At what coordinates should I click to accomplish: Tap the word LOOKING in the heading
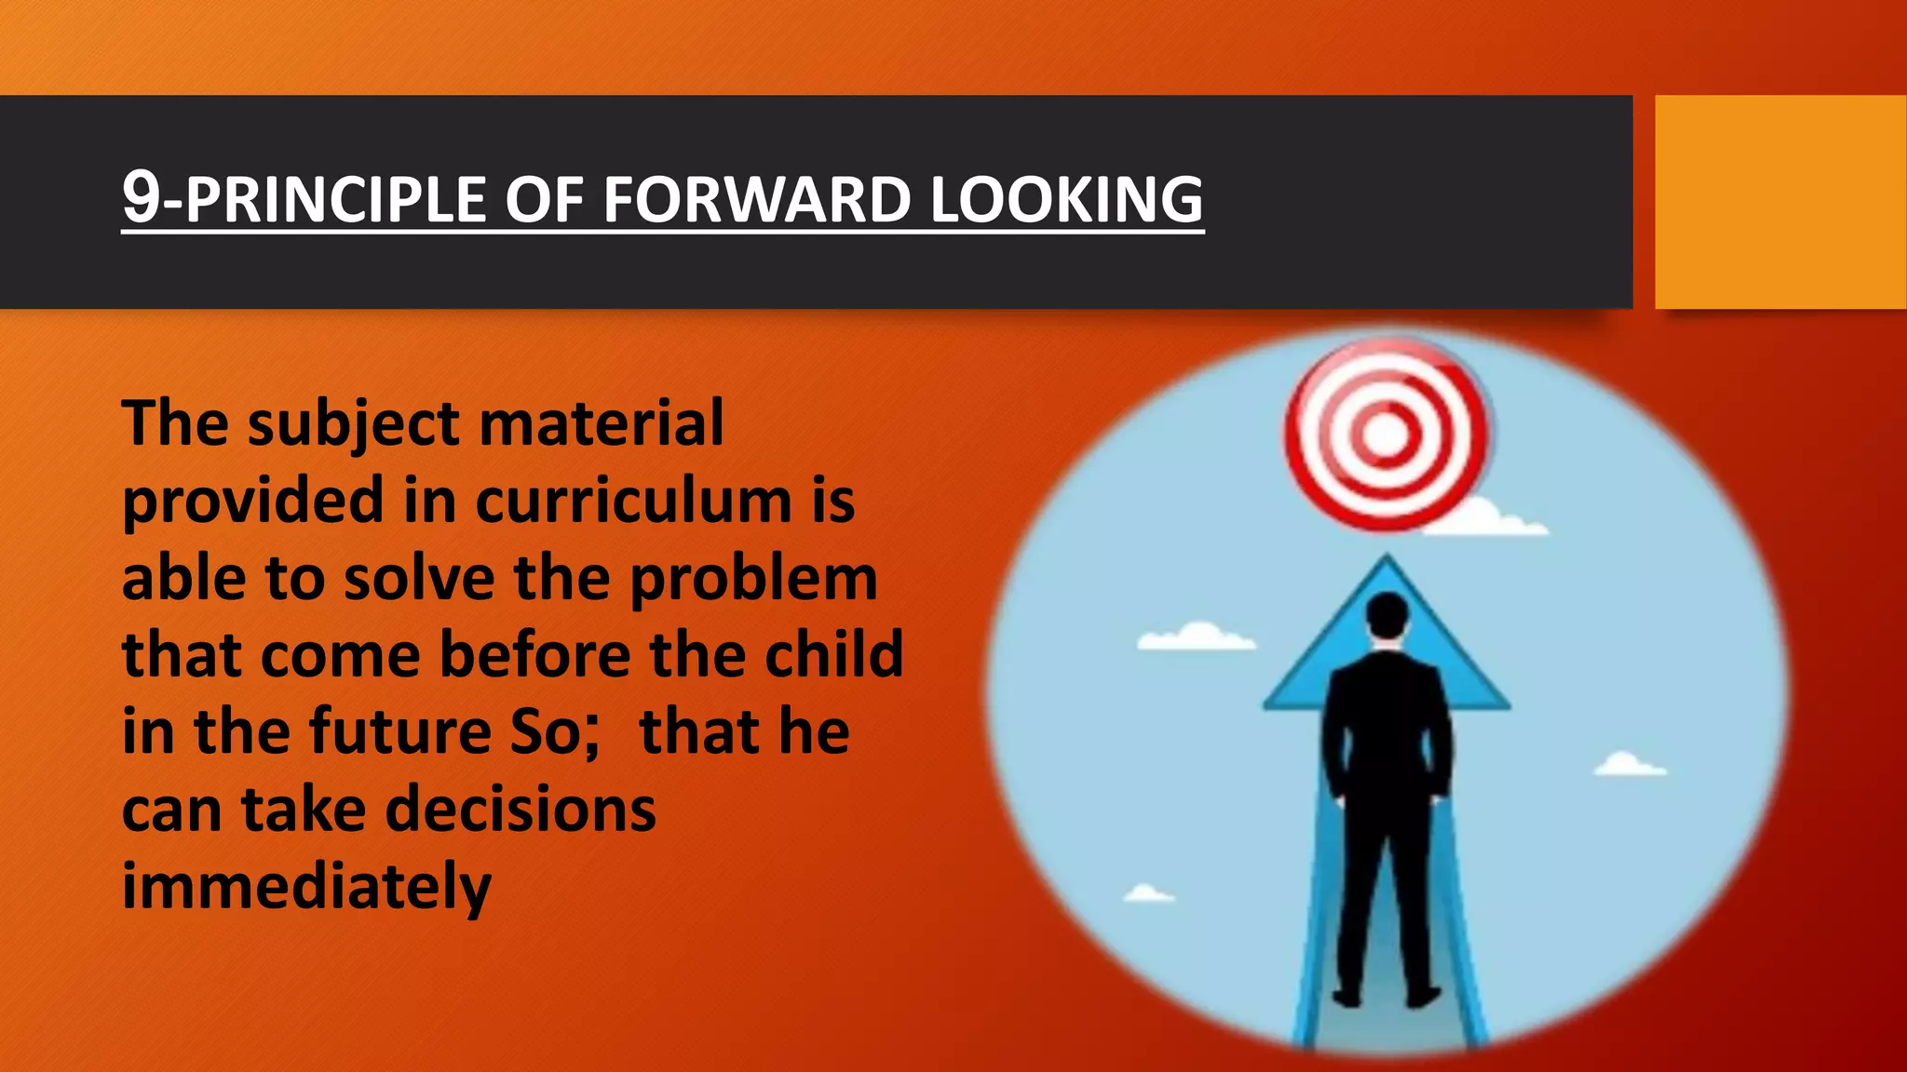[x=1066, y=200]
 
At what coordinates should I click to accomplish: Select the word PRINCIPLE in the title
[x=335, y=200]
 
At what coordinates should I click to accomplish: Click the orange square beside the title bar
[x=1779, y=202]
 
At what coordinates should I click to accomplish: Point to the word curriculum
[x=633, y=502]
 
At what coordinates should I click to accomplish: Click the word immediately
[x=306, y=886]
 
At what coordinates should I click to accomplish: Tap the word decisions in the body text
[x=521, y=809]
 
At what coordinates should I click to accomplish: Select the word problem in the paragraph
[x=753, y=579]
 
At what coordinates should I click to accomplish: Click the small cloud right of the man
[x=1629, y=765]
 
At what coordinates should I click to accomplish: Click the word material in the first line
[x=601, y=423]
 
